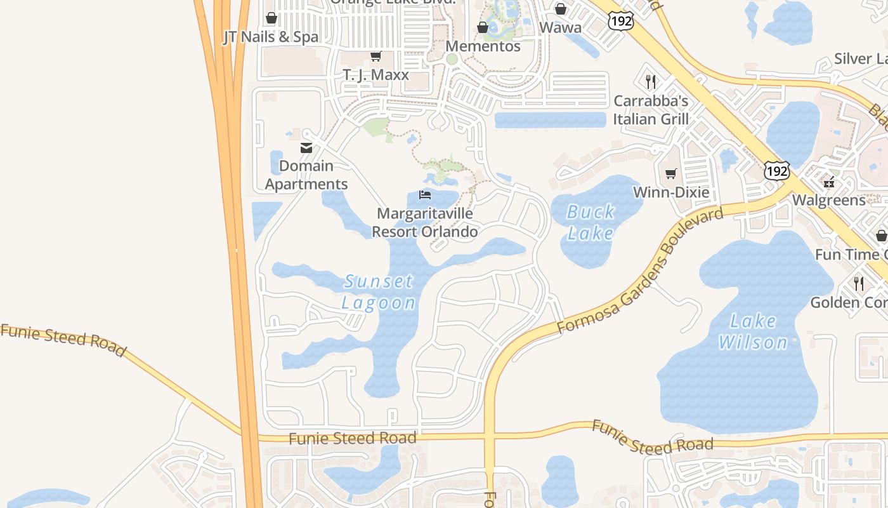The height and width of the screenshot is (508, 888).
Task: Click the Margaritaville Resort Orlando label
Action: click(x=425, y=223)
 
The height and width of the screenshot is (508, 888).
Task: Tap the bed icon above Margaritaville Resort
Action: click(x=425, y=194)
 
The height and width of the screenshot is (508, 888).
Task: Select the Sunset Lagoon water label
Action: click(x=379, y=291)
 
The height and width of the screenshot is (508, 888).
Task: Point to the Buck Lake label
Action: click(x=591, y=222)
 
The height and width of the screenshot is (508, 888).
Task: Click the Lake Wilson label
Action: click(x=754, y=332)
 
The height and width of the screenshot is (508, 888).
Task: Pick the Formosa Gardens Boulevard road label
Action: click(x=641, y=270)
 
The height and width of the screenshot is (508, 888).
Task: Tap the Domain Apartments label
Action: click(x=306, y=175)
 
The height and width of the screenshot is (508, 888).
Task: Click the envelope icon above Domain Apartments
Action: click(x=306, y=148)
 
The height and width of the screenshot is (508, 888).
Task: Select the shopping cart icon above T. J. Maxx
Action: click(x=375, y=57)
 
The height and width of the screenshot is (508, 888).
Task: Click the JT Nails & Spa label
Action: click(x=271, y=37)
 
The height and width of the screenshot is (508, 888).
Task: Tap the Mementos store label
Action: click(x=483, y=46)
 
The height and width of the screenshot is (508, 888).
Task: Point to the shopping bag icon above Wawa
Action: click(x=560, y=9)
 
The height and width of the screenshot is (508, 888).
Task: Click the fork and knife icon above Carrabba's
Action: click(x=650, y=81)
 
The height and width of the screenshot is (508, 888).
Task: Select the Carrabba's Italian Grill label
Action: click(x=651, y=110)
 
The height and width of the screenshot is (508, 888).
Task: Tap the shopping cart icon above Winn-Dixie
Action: click(x=671, y=173)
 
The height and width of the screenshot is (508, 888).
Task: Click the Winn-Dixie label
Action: click(x=671, y=192)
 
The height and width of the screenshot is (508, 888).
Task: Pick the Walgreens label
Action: click(x=828, y=201)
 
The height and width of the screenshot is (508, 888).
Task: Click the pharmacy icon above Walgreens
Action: click(x=828, y=183)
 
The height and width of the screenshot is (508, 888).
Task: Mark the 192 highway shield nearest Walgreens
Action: click(x=776, y=171)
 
